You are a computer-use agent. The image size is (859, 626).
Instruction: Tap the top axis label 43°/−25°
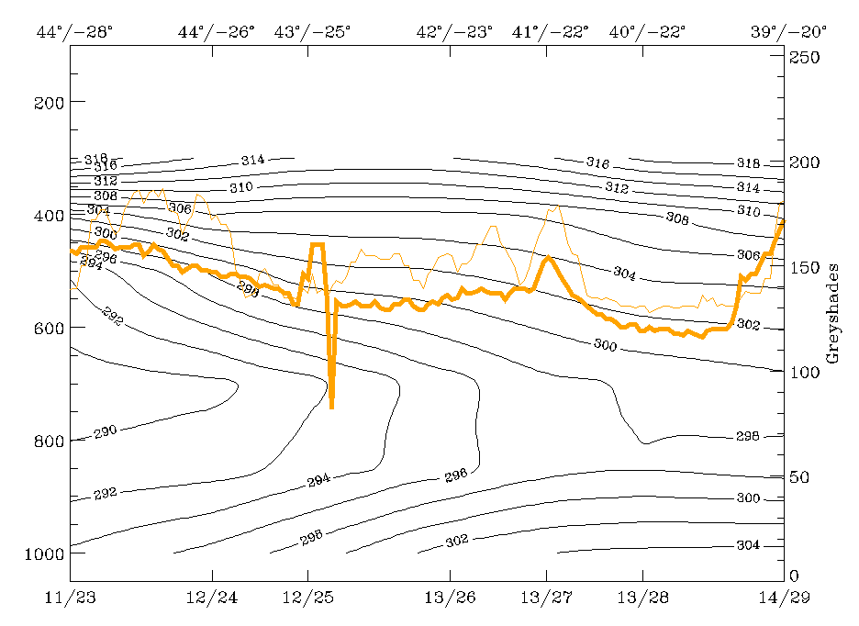click(312, 32)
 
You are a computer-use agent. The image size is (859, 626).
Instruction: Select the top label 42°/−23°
click(455, 32)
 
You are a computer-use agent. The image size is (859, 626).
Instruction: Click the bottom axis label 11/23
click(71, 598)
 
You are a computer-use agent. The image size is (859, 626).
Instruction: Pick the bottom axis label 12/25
click(308, 598)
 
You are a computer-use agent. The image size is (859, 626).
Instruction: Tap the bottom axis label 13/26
click(451, 598)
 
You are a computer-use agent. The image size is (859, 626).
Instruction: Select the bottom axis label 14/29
click(785, 598)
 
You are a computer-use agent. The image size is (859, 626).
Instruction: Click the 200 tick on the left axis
click(42, 102)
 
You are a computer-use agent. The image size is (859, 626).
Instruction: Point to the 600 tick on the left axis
click(42, 328)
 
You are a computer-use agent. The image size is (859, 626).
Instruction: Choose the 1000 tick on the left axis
click(38, 553)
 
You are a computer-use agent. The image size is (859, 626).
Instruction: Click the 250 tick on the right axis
click(804, 57)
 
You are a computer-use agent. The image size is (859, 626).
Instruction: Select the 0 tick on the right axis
click(795, 576)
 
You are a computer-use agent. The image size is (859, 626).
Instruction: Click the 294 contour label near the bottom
click(318, 480)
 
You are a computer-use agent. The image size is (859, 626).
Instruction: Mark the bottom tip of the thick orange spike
click(331, 406)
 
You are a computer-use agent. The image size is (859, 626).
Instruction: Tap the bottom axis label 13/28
click(642, 598)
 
